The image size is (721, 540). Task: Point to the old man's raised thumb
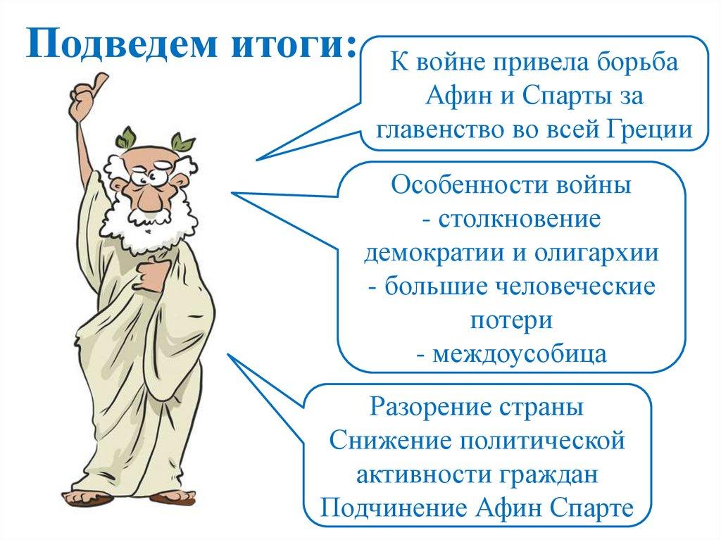(99, 84)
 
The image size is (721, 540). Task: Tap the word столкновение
(519, 219)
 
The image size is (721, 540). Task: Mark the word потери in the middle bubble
(511, 320)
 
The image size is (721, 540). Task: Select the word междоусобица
(519, 354)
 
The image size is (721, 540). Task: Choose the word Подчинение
(393, 508)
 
